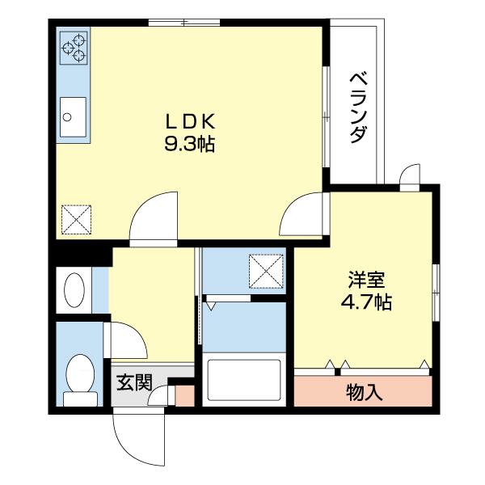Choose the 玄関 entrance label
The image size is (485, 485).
point(133,382)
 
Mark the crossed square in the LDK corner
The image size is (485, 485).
point(77,217)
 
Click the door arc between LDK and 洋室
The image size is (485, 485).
point(303,213)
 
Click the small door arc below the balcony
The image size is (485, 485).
point(409,175)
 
